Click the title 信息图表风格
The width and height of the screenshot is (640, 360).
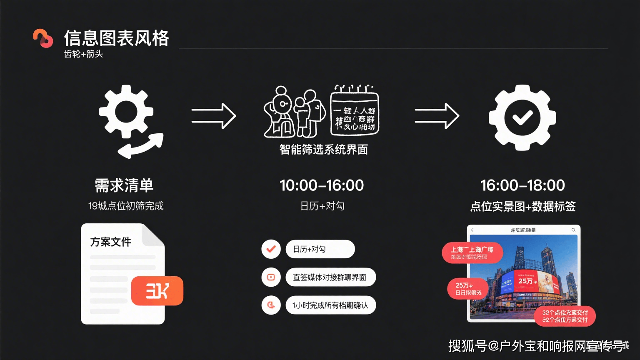tap(116, 38)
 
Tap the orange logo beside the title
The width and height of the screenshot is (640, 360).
tap(43, 38)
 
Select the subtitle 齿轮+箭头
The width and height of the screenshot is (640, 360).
tap(83, 54)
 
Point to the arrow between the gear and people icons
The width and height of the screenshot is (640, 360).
tap(214, 116)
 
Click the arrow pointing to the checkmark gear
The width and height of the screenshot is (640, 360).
tap(437, 116)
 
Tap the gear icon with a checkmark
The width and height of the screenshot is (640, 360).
tap(522, 117)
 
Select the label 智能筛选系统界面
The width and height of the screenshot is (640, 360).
tap(323, 150)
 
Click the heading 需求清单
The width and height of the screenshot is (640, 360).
tap(124, 185)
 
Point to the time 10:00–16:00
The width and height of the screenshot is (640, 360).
tap(322, 185)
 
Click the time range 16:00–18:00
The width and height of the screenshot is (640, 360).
tap(522, 185)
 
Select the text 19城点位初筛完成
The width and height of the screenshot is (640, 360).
tap(126, 206)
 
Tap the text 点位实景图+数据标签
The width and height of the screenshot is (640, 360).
tap(522, 207)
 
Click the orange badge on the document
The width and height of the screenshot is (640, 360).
tap(157, 291)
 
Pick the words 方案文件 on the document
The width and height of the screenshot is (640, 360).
tap(111, 242)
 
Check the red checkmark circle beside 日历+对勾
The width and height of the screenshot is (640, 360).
tap(271, 249)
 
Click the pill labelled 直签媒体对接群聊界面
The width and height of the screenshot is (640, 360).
tap(330, 277)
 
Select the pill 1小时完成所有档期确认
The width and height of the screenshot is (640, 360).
tap(330, 305)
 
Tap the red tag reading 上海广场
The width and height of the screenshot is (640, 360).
tap(472, 252)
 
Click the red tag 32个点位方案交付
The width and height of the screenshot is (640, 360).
tap(565, 316)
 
